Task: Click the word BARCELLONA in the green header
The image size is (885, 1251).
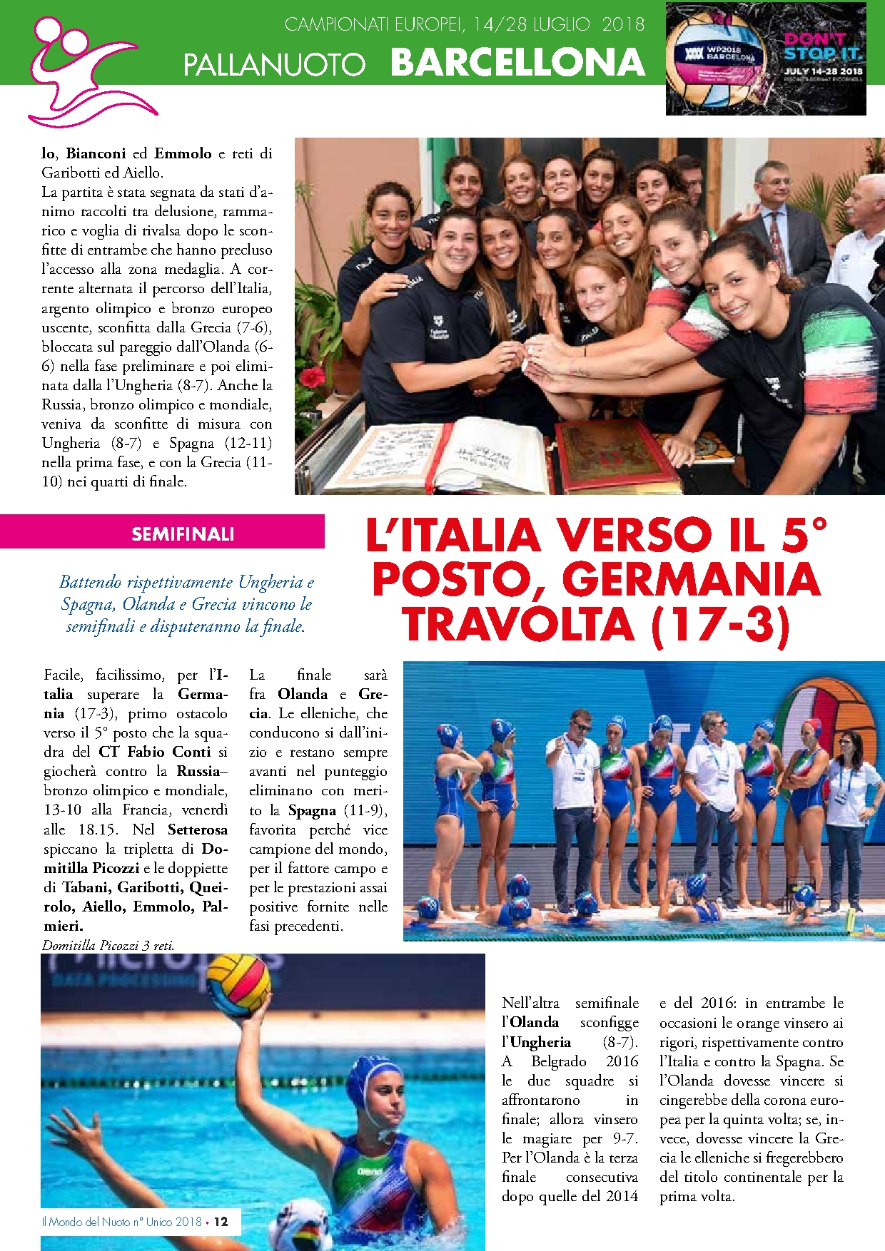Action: coord(517,63)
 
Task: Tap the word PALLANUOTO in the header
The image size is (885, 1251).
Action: coord(274,65)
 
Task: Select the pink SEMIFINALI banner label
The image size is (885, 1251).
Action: coord(183,533)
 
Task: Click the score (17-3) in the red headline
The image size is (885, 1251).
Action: coord(721,623)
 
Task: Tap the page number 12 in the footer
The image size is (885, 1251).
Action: coord(221,1222)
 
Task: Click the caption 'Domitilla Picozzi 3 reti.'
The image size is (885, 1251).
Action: coord(108,946)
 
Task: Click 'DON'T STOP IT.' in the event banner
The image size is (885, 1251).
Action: coord(823,46)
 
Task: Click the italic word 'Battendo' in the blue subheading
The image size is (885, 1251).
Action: coord(91,582)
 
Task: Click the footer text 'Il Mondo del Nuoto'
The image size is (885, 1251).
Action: coord(87,1222)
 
